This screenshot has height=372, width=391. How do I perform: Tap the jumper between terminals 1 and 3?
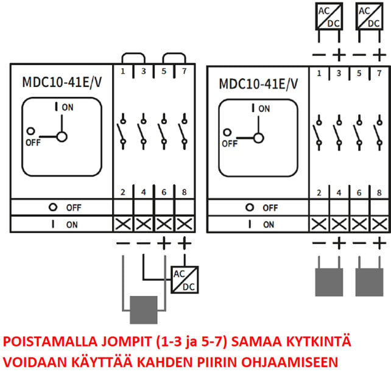click(133, 57)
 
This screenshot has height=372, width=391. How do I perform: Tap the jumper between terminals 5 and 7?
click(174, 57)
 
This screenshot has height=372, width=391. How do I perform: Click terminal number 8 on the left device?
click(185, 192)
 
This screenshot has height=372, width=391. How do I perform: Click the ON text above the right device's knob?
click(264, 109)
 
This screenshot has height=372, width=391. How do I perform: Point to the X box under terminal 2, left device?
click(123, 223)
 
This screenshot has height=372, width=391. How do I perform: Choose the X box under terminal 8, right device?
click(379, 224)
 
